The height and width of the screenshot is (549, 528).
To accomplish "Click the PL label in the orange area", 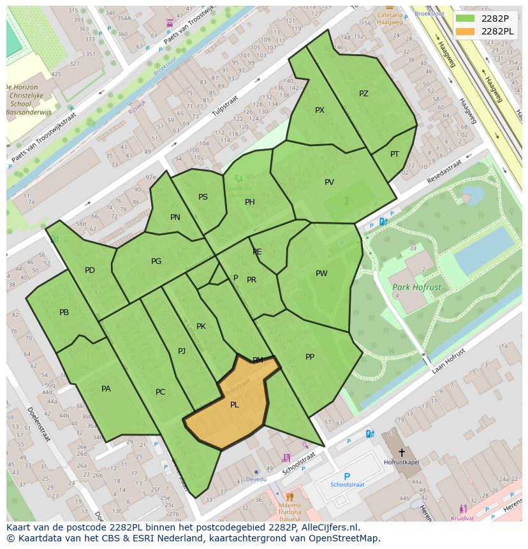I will [x=234, y=405].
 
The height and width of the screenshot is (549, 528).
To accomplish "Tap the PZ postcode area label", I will [x=363, y=94].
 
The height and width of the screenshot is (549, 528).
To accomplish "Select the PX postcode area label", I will [x=319, y=110].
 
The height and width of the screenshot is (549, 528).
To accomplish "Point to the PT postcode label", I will [x=395, y=154].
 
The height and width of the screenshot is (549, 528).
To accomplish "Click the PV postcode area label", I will [x=329, y=182].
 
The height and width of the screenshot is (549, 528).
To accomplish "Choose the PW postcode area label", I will [x=321, y=274].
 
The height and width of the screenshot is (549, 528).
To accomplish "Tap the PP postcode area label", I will [x=310, y=357].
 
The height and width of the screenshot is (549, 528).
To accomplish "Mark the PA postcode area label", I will [x=106, y=389].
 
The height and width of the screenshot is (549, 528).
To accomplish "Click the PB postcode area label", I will [x=64, y=312].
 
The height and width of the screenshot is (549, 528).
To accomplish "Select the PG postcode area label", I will [x=156, y=261].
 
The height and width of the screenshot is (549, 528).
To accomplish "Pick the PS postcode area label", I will [x=203, y=197].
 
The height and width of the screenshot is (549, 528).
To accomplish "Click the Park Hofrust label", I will [x=416, y=288].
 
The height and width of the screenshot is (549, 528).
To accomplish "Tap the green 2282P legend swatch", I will [x=466, y=18].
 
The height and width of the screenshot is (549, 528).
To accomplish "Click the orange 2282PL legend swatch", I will [x=466, y=31].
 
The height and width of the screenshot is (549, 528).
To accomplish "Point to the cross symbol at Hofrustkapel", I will [x=401, y=453].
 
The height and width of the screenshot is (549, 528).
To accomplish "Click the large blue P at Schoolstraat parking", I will [x=347, y=476].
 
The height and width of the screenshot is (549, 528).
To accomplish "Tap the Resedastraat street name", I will [x=444, y=172].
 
